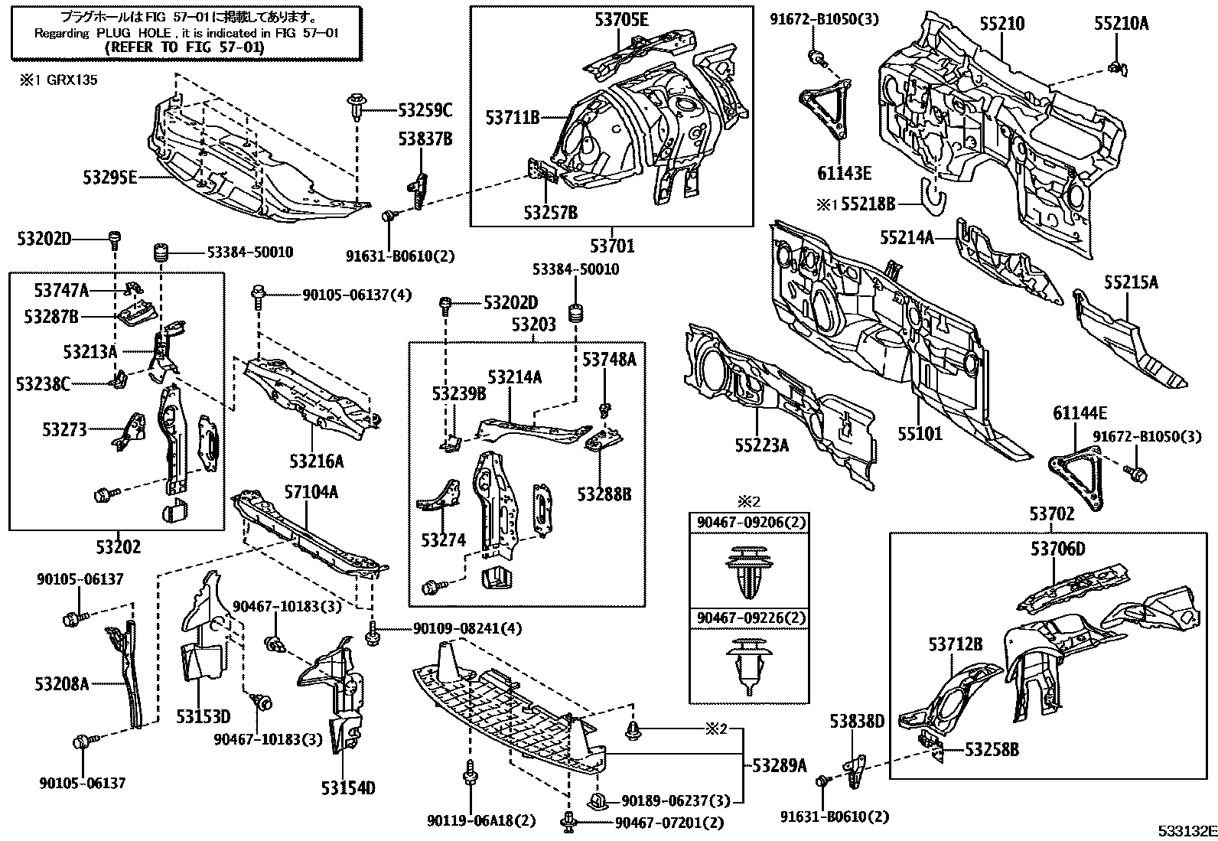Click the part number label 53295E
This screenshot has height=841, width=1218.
pyautogui.click(x=110, y=178)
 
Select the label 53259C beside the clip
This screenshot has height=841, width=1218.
pyautogui.click(x=425, y=111)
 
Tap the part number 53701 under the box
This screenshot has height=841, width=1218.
pyautogui.click(x=612, y=246)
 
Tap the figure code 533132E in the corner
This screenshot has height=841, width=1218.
pyautogui.click(x=1186, y=831)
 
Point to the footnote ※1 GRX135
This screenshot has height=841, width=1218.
pyautogui.click(x=58, y=80)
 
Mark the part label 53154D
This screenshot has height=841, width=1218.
pyautogui.click(x=348, y=788)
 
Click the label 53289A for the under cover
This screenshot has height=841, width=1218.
pyautogui.click(x=780, y=764)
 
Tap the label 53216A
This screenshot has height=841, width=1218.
pyautogui.click(x=316, y=461)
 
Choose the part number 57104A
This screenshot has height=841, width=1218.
pyautogui.click(x=310, y=493)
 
